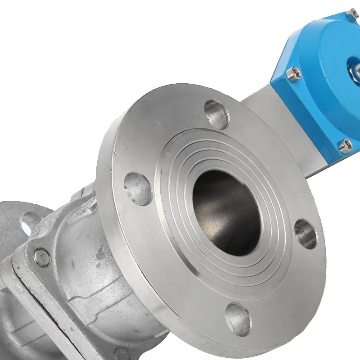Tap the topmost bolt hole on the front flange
tap(216, 114)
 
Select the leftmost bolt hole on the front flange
tap(138, 189)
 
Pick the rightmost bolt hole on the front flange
tap(306, 234)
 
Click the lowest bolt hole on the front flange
tap(238, 319)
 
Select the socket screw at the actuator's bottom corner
tap(346, 145)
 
